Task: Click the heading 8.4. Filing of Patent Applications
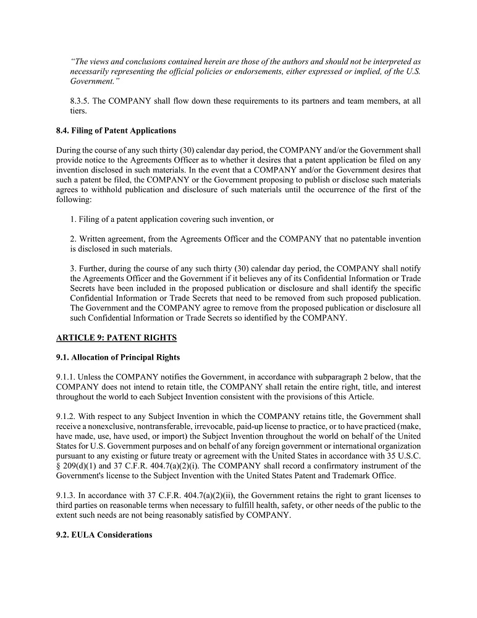116,130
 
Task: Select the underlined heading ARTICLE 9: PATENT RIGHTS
116,337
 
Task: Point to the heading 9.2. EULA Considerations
104,535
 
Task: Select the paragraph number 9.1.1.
66,376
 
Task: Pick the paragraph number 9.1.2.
66,417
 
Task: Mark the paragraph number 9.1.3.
66,496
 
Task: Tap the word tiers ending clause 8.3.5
78,111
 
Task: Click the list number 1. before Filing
73,219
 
